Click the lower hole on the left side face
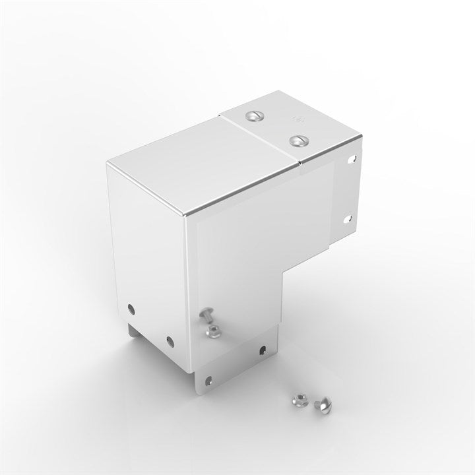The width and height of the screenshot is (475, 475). [x=169, y=340]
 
